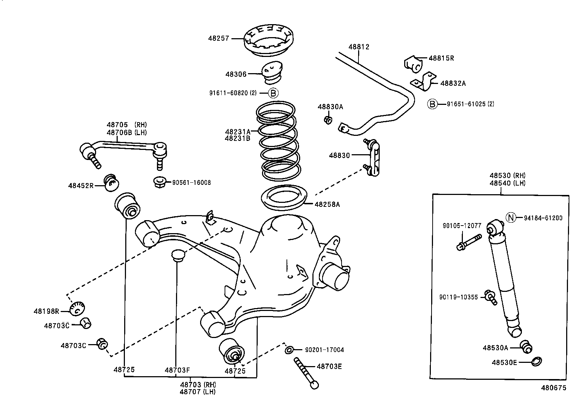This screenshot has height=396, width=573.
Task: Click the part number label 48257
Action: [219, 39]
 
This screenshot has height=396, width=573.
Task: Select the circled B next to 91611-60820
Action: [273, 93]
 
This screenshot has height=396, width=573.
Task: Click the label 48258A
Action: [327, 204]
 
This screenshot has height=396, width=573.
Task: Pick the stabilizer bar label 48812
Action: [359, 47]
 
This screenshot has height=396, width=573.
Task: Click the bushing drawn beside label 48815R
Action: [414, 64]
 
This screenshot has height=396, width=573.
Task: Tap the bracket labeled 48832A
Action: [424, 81]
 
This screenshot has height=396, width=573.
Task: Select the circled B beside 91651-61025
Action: [432, 104]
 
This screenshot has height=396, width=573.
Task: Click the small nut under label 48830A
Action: [328, 120]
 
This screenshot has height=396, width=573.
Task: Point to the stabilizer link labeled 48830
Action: [372, 157]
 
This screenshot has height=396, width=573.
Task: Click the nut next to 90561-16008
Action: [159, 182]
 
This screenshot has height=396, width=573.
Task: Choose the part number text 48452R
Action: [81, 186]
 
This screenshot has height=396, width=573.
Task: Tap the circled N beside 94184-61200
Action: [511, 218]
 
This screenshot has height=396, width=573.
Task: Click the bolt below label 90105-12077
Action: [469, 242]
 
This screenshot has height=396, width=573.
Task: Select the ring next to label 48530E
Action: [536, 361]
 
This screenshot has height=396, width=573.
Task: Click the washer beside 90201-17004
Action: [289, 350]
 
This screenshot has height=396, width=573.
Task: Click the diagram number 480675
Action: [554, 388]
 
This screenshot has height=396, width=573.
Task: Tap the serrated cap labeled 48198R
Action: [77, 309]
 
